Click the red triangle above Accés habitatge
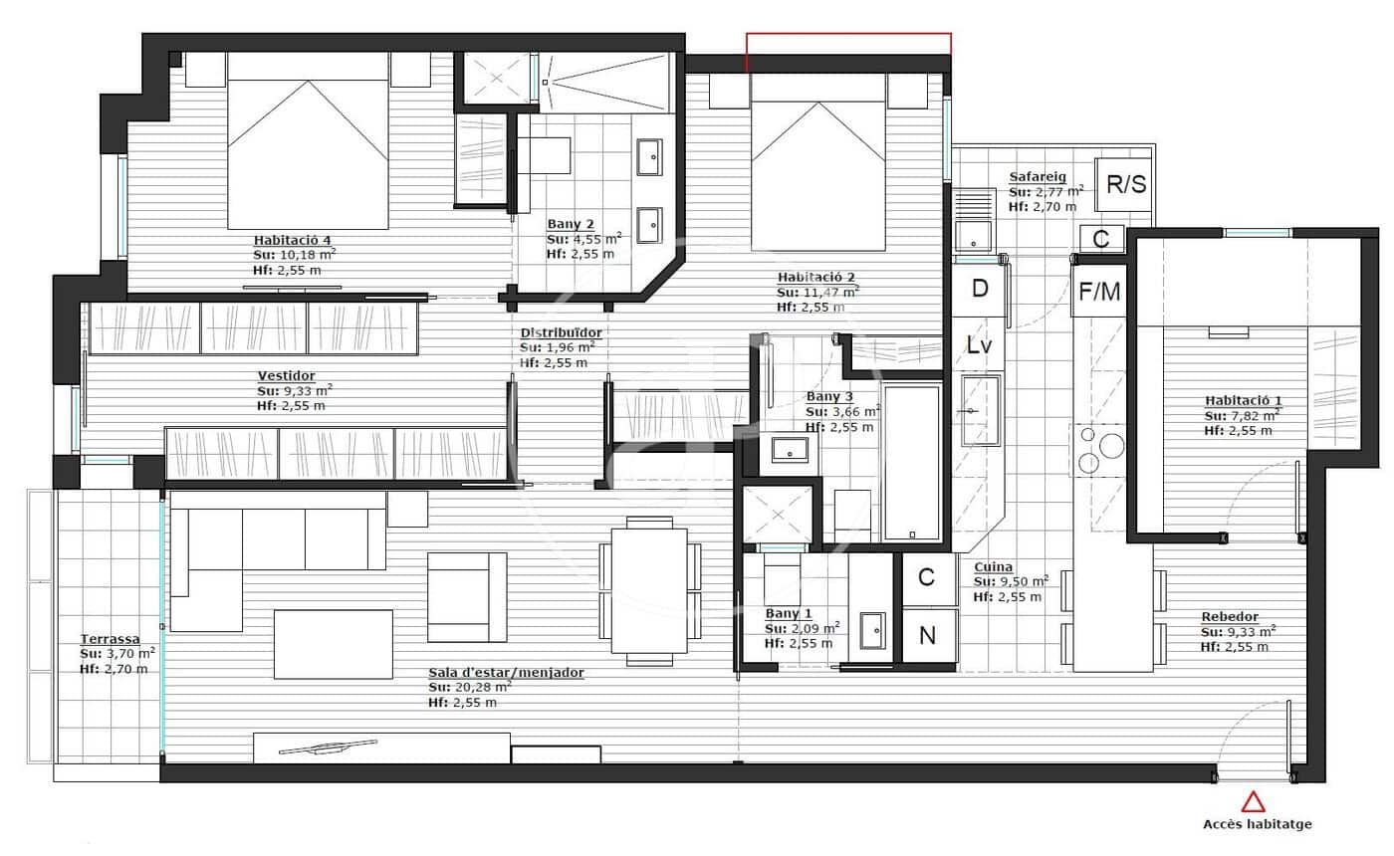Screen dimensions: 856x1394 pyautogui.click(x=1254, y=801)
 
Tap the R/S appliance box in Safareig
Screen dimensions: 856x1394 pyautogui.click(x=1126, y=184)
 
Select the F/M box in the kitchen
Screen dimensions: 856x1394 pyautogui.click(x=1100, y=292)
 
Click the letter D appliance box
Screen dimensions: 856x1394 pyautogui.click(x=980, y=290)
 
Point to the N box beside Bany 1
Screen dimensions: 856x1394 pyautogui.click(x=927, y=636)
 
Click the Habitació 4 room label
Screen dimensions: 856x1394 pyautogui.click(x=291, y=240)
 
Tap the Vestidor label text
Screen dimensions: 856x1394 pyautogui.click(x=286, y=376)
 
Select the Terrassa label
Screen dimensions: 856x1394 pyautogui.click(x=110, y=639)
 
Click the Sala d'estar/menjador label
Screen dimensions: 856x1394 pyautogui.click(x=506, y=673)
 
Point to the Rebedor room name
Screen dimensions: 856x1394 pyautogui.click(x=1230, y=617)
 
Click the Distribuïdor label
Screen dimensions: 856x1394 pyautogui.click(x=561, y=332)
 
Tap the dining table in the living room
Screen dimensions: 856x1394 pyautogui.click(x=649, y=591)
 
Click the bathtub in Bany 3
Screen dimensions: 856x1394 pyautogui.click(x=911, y=463)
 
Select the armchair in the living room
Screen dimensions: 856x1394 pyautogui.click(x=466, y=597)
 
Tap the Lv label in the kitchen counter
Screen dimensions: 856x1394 pyautogui.click(x=979, y=345)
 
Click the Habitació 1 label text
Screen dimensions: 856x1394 pyautogui.click(x=1239, y=401)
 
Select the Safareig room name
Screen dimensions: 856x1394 pyautogui.click(x=1037, y=177)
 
